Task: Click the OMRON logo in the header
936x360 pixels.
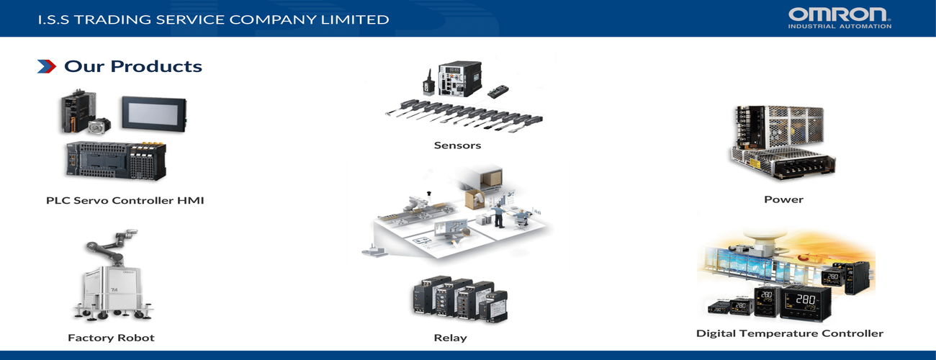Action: (x=840, y=14)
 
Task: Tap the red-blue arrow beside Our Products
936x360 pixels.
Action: (x=47, y=67)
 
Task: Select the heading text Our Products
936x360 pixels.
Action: (x=133, y=67)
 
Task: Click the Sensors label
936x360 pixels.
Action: (x=457, y=145)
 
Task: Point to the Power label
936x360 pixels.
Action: (x=783, y=199)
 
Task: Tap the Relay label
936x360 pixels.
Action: (x=450, y=338)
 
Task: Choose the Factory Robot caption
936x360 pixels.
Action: (x=111, y=338)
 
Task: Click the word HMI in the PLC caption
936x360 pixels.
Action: (x=191, y=201)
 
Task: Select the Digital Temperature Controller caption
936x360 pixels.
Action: (x=789, y=333)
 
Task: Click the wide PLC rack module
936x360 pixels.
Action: (x=115, y=160)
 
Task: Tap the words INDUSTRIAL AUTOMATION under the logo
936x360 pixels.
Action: (x=840, y=27)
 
